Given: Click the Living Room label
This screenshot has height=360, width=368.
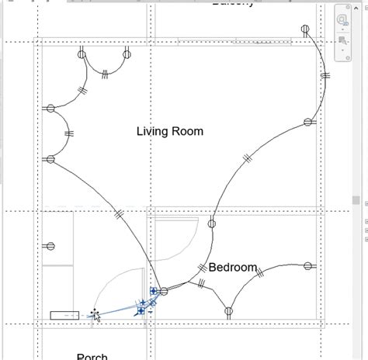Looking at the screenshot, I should point(169,131).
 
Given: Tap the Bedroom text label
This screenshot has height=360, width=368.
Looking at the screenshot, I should point(233,268).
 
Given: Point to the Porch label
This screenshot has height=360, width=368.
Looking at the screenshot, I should point(92,356).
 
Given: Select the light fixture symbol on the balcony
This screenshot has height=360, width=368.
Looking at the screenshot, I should point(305,30).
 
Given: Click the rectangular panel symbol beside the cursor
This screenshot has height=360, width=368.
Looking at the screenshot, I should point(64,315).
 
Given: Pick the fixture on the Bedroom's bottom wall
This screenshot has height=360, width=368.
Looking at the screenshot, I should point(229,312).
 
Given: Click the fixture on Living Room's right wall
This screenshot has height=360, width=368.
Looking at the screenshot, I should point(307,122).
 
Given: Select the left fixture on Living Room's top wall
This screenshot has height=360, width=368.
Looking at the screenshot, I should point(82,54).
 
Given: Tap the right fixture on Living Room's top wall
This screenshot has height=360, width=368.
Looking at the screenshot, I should point(127,54).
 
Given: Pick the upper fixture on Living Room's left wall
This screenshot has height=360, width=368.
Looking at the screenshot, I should point(50,108).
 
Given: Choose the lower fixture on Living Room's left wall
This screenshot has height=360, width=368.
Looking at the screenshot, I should point(50,159).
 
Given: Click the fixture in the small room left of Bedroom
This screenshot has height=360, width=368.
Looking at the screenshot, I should point(50,247).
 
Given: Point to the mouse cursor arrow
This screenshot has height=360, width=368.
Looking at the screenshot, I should point(95,315).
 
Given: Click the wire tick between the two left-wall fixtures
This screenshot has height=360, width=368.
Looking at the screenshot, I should point(69,133).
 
